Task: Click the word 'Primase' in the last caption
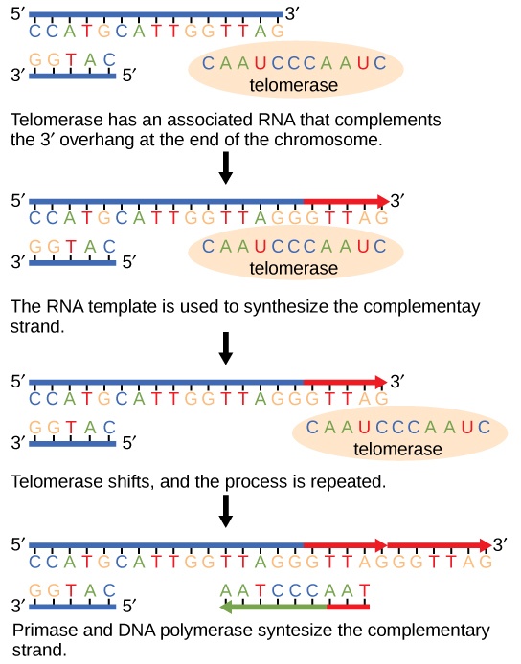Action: pos(44,631)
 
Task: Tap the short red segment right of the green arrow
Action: pos(348,606)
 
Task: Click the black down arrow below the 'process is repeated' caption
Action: pos(226,511)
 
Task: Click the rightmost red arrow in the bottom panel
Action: pos(439,545)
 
